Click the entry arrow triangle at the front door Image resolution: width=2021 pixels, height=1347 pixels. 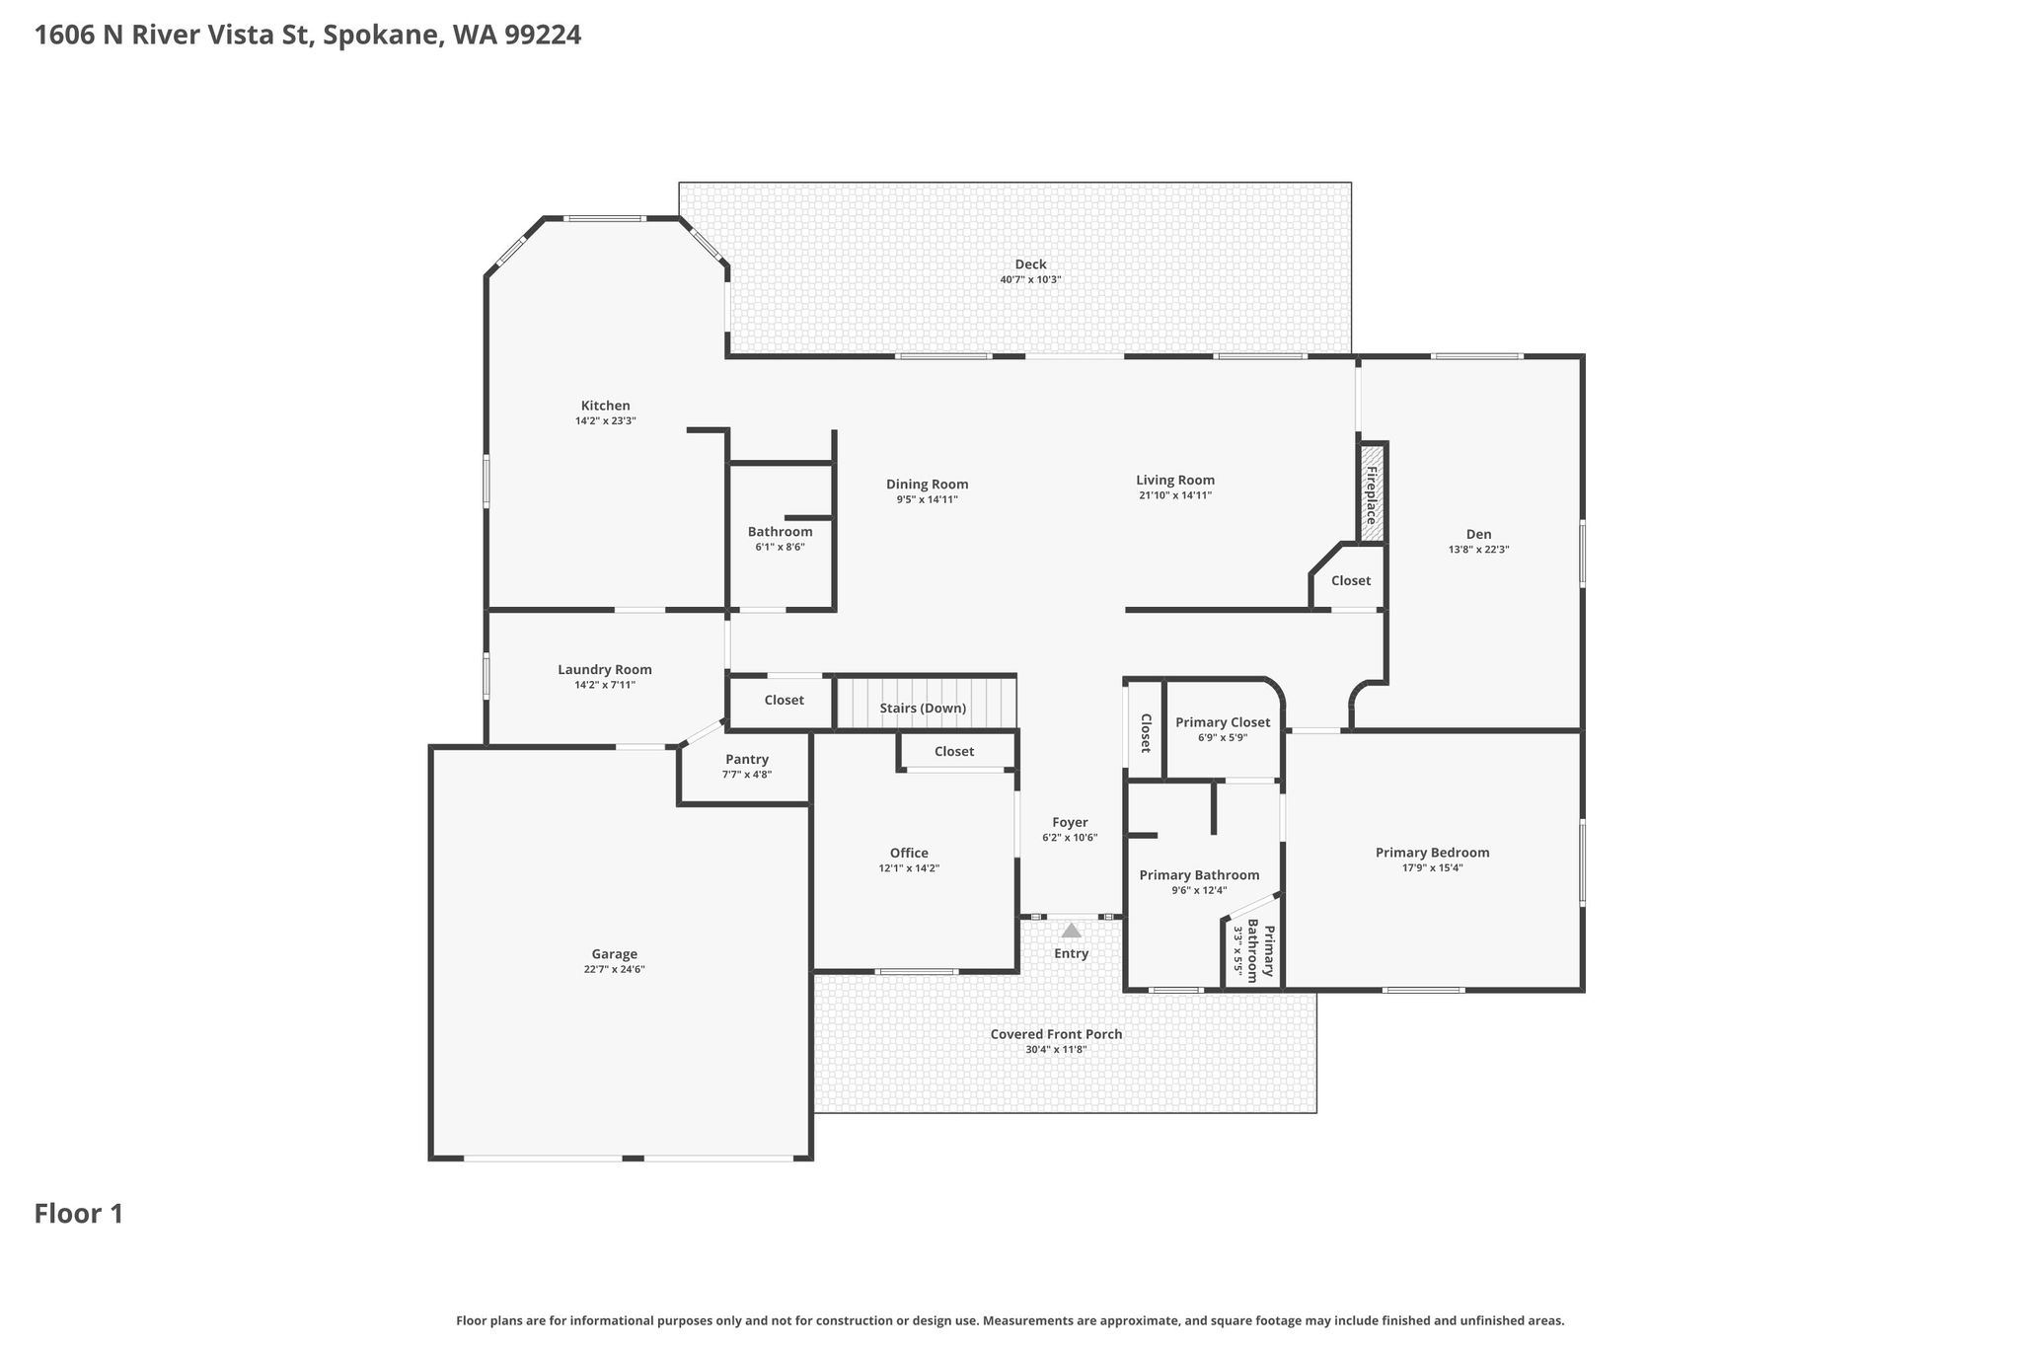1071,930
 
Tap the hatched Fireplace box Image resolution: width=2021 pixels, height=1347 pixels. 1372,493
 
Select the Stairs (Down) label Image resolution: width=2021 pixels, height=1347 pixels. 923,709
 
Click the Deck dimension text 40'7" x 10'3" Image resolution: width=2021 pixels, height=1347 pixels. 1030,280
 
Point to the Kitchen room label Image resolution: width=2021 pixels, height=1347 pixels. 605,406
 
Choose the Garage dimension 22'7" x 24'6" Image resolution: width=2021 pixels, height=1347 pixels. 614,970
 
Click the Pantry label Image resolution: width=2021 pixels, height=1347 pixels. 747,759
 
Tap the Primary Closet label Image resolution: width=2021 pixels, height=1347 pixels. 1223,722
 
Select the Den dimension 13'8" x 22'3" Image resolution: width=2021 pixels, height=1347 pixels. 1478,550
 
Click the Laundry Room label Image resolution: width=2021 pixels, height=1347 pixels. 605,670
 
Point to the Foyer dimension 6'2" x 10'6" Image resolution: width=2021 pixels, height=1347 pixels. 1070,838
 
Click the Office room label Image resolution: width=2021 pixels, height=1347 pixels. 909,854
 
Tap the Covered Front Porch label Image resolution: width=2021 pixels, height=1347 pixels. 1056,1034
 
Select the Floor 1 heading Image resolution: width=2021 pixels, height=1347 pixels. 79,1214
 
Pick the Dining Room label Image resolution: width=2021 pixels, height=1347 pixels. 927,485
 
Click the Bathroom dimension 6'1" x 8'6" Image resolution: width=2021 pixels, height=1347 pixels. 780,547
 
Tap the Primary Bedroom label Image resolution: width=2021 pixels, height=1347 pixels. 1432,853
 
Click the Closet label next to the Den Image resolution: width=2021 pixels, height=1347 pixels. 1350,580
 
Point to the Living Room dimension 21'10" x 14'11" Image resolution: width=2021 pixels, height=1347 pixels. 1174,495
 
